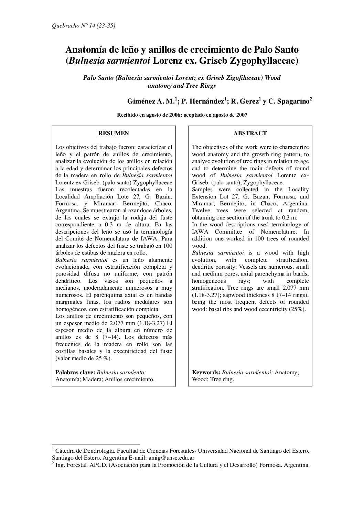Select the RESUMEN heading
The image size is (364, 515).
(114, 133)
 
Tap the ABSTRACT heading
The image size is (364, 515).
(250, 133)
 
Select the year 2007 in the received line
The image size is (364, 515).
(242, 116)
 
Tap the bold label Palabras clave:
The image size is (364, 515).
(75, 372)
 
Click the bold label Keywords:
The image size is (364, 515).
(206, 372)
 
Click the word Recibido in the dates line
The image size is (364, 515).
(128, 116)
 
